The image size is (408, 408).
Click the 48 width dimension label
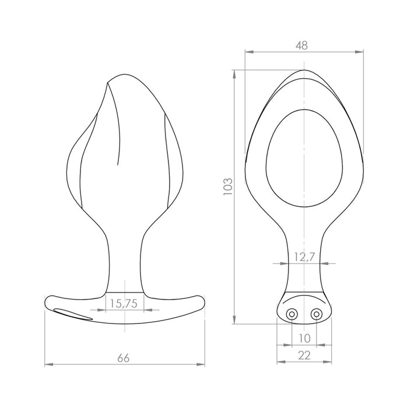pyautogui.click(x=302, y=45)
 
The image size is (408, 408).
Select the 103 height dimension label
pyautogui.click(x=228, y=187)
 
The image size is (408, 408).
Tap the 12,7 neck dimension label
pyautogui.click(x=304, y=257)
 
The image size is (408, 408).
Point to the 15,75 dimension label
pyautogui.click(x=124, y=304)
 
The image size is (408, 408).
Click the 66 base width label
pyautogui.click(x=124, y=358)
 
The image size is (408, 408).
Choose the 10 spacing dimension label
pyautogui.click(x=305, y=338)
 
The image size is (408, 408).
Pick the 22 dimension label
pyautogui.click(x=304, y=355)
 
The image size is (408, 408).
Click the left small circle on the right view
pyautogui.click(x=291, y=314)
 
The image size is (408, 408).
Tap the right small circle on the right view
pyautogui.click(x=316, y=314)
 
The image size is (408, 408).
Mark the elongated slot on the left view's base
pyautogui.click(x=73, y=314)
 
